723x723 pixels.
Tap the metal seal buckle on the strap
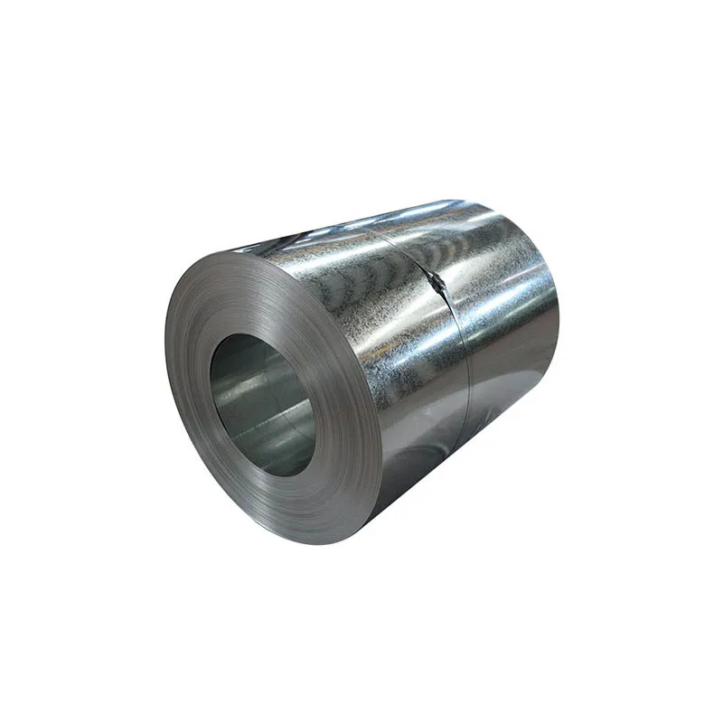438,283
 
